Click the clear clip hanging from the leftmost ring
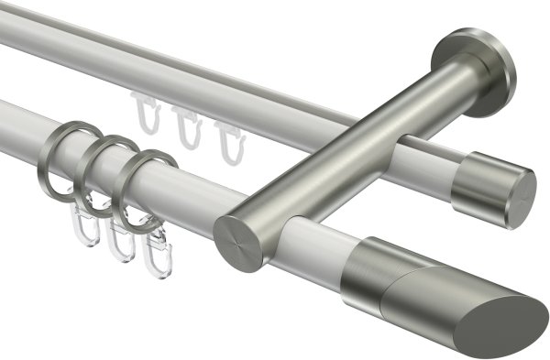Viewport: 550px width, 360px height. pos(81,224)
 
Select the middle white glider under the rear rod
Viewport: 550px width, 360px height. pos(188,128)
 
